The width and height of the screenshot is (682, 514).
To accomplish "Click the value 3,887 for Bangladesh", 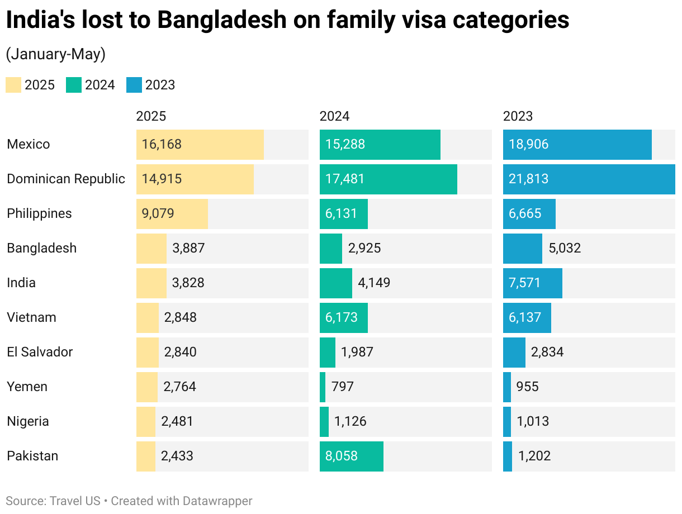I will pyautogui.click(x=189, y=248).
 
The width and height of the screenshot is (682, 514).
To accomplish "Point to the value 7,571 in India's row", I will pyautogui.click(x=525, y=283).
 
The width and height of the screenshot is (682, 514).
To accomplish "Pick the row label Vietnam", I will pyautogui.click(x=31, y=317).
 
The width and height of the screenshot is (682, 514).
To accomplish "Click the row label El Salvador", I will pyautogui.click(x=40, y=352).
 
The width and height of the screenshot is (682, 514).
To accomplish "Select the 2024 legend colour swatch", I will pyautogui.click(x=74, y=85).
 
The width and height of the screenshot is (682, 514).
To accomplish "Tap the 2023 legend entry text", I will pyautogui.click(x=160, y=85).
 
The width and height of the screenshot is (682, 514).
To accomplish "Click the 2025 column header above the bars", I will pyautogui.click(x=151, y=116).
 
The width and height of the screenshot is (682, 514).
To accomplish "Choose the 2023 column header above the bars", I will pyautogui.click(x=518, y=116).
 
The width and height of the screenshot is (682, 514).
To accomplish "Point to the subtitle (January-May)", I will pyautogui.click(x=55, y=54).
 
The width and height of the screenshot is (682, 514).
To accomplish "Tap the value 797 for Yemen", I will pyautogui.click(x=342, y=387).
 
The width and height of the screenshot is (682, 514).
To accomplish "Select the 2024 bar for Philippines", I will pyautogui.click(x=343, y=214).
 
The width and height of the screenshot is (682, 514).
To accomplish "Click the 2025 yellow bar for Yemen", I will pyautogui.click(x=146, y=387).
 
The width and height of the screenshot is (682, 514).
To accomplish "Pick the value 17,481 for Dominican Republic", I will pyautogui.click(x=345, y=179).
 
